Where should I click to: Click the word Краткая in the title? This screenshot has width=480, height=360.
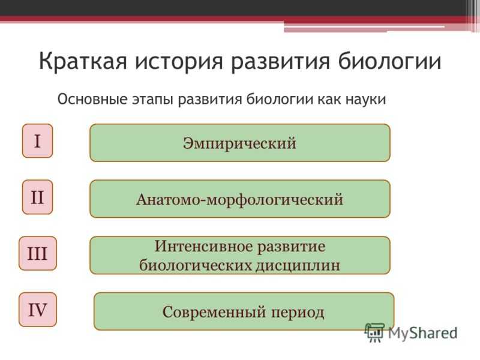(x=83, y=61)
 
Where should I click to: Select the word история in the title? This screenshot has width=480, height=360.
(x=179, y=61)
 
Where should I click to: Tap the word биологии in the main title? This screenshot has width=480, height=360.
(x=389, y=61)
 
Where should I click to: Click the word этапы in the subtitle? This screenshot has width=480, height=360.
(x=152, y=100)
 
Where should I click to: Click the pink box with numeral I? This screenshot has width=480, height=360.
(x=37, y=141)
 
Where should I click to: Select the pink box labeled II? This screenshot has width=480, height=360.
(x=37, y=197)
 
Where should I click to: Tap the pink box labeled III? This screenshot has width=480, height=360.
(x=38, y=253)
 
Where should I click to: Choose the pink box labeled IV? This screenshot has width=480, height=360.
(x=38, y=310)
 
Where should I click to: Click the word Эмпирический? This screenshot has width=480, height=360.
(x=239, y=143)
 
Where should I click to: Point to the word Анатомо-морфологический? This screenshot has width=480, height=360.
(x=239, y=200)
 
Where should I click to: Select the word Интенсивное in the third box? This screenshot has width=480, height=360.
(x=203, y=246)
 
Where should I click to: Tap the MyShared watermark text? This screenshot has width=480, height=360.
(x=423, y=333)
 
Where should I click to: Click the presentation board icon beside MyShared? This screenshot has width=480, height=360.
(x=374, y=332)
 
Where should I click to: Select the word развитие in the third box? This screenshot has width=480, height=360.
(x=291, y=247)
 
